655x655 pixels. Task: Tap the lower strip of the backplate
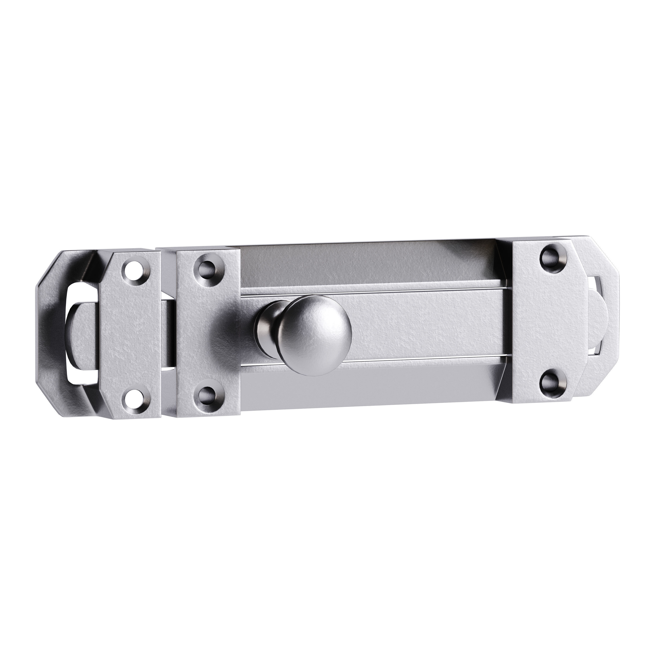373,386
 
